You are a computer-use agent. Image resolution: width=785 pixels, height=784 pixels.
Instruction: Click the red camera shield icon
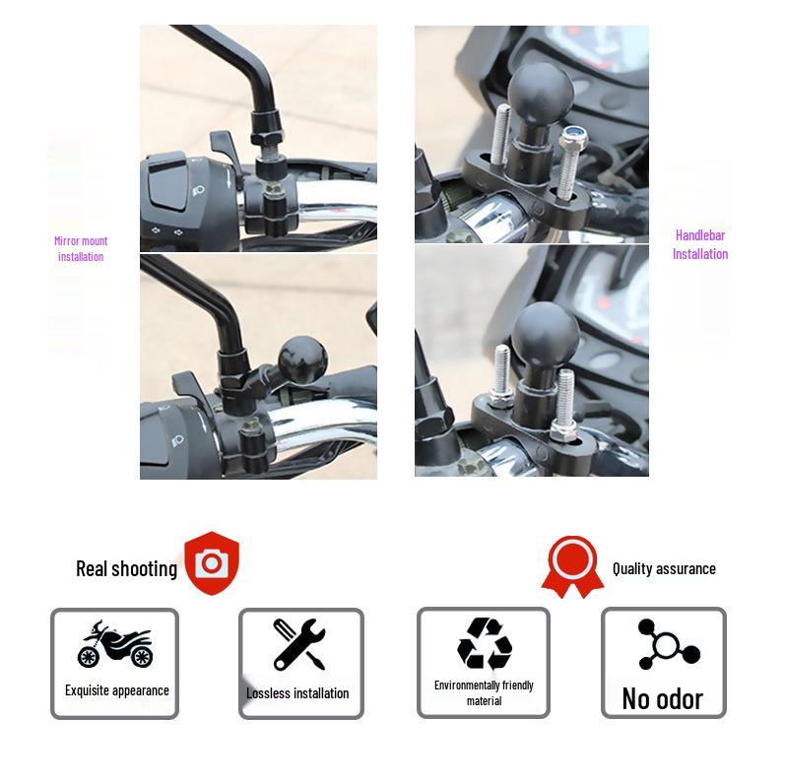[x=212, y=562]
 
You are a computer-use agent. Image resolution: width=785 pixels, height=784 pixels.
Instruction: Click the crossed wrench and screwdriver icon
[x=299, y=644]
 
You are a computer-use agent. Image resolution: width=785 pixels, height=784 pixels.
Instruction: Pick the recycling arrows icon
[x=484, y=644]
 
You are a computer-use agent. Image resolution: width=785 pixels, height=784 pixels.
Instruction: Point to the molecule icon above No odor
[x=667, y=644]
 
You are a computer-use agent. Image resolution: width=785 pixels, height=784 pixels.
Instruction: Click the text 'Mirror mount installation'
[x=81, y=248]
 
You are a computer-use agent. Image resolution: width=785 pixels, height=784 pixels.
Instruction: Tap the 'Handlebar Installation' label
[x=700, y=244]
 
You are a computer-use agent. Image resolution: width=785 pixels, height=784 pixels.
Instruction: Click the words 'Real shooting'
[x=126, y=568]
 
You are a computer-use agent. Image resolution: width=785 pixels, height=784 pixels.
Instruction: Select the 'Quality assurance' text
[x=664, y=568]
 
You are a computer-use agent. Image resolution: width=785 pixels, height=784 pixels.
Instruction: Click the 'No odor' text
[x=662, y=698]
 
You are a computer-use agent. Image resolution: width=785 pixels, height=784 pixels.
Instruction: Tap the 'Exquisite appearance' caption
[x=116, y=690]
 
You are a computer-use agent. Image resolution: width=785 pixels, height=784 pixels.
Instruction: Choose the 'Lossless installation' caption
[x=297, y=693]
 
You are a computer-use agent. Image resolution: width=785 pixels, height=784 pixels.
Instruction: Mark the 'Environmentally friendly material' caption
[x=484, y=692]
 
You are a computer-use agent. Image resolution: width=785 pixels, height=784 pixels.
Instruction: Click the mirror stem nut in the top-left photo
[x=267, y=126]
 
